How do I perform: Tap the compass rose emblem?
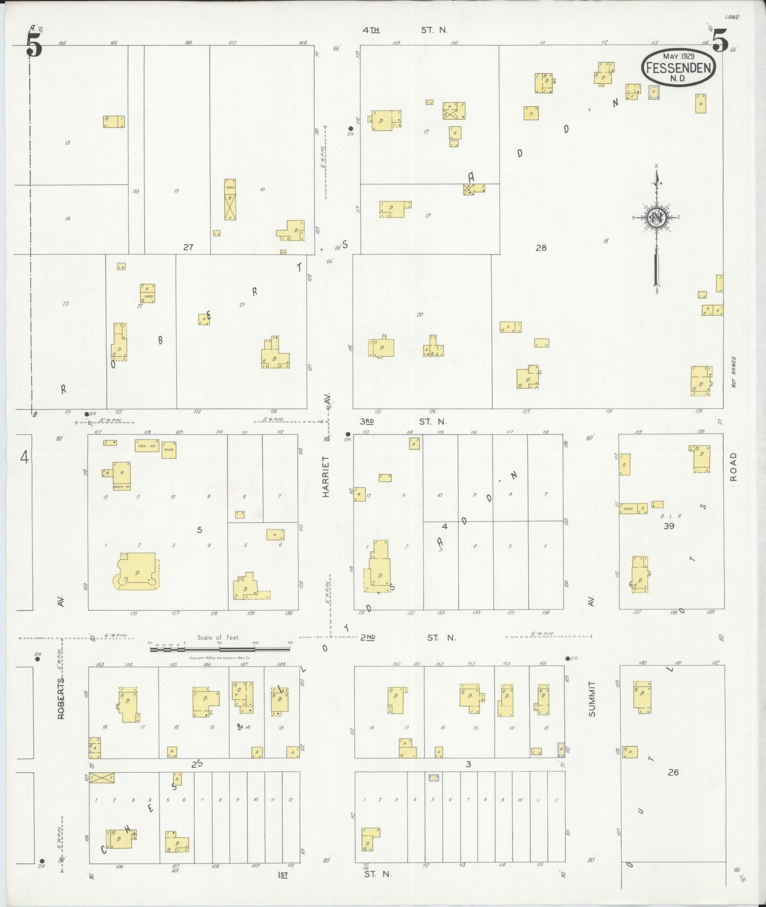coord(655,217)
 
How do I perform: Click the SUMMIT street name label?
coord(591,699)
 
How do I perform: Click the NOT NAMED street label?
coord(734,372)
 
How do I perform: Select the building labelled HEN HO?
coord(146,445)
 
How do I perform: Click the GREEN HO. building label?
coord(121,487)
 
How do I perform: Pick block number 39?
coord(668,526)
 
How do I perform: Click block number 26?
coord(673,772)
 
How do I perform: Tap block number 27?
coord(188,247)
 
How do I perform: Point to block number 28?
coord(541,248)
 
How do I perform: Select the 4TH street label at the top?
coord(371,30)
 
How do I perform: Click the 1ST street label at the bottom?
coord(282,875)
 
